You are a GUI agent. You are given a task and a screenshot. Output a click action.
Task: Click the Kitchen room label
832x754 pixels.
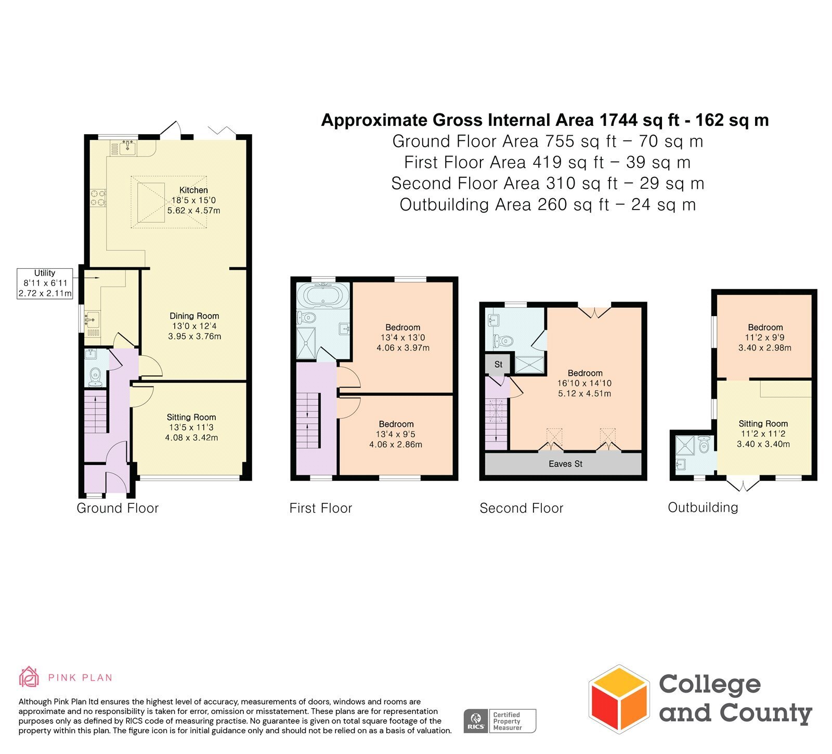(x=193, y=190)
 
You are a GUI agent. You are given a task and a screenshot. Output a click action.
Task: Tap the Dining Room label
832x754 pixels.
(x=194, y=316)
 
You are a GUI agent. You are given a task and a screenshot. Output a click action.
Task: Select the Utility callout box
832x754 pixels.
(x=45, y=283)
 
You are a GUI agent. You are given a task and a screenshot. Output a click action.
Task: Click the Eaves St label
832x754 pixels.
(x=566, y=464)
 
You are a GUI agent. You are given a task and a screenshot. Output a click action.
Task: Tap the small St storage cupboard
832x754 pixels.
(x=498, y=365)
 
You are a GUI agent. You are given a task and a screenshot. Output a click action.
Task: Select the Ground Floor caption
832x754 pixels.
(x=118, y=508)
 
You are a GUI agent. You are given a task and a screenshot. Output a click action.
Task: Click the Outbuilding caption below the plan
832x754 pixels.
(x=703, y=508)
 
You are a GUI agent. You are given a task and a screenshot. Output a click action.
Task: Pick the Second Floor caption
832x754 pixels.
(x=522, y=508)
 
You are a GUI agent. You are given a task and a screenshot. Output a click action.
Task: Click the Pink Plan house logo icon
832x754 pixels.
(x=29, y=677)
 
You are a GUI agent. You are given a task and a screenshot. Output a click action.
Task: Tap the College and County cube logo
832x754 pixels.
(x=619, y=699)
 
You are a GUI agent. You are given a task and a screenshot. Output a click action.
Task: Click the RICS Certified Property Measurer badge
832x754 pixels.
(x=500, y=721)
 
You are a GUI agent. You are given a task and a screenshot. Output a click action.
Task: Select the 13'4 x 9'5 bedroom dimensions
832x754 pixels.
(x=396, y=434)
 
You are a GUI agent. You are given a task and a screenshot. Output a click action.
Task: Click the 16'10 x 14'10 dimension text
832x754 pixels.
(x=584, y=383)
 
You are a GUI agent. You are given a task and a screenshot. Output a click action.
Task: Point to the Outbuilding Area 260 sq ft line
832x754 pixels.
(x=548, y=204)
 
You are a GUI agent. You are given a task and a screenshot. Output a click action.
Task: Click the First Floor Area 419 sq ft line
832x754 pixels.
(x=548, y=162)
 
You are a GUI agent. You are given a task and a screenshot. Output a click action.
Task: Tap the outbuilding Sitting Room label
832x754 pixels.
(x=763, y=424)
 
